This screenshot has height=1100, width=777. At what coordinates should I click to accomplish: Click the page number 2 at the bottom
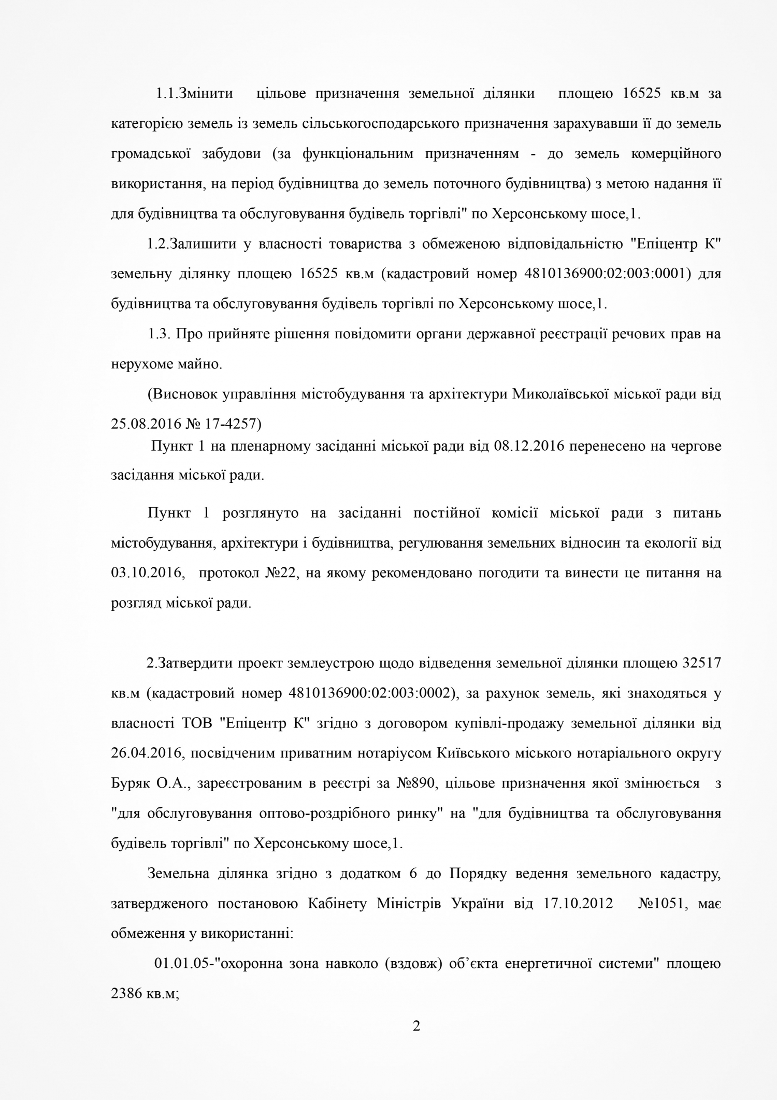(416, 1026)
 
